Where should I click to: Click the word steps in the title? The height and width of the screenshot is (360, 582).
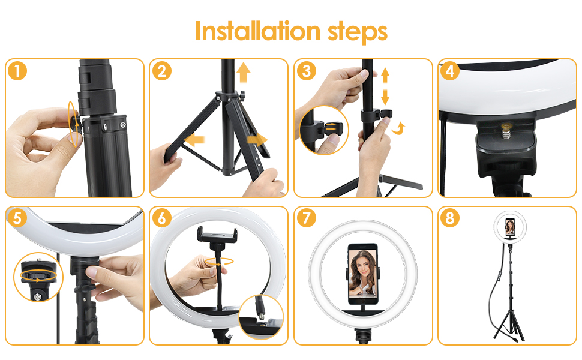pyautogui.click(x=358, y=32)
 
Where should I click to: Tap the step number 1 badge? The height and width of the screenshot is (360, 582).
pyautogui.click(x=17, y=71)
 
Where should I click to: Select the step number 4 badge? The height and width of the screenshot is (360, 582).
pyautogui.click(x=450, y=71)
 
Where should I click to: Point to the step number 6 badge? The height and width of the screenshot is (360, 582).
pyautogui.click(x=161, y=218)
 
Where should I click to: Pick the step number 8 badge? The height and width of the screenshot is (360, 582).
pyautogui.click(x=450, y=218)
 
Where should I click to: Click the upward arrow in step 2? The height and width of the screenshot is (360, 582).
pyautogui.click(x=243, y=73)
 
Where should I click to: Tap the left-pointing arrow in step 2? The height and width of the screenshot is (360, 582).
pyautogui.click(x=194, y=140)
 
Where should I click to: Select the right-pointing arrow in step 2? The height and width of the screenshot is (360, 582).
pyautogui.click(x=257, y=140)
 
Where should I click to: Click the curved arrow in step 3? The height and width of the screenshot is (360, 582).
pyautogui.click(x=398, y=128)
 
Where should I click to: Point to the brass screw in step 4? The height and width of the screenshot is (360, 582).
pyautogui.click(x=506, y=132)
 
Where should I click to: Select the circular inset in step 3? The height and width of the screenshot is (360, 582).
pyautogui.click(x=324, y=130)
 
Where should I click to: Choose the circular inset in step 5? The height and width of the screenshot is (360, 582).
pyautogui.click(x=38, y=277)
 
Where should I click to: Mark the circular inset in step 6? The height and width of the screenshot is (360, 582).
pyautogui.click(x=262, y=317)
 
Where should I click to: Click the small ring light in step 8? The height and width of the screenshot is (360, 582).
pyautogui.click(x=510, y=227)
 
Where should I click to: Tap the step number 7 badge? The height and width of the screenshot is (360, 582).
pyautogui.click(x=306, y=218)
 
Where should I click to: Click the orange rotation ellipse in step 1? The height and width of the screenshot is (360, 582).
pyautogui.click(x=74, y=124)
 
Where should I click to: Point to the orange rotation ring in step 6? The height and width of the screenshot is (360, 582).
pyautogui.click(x=219, y=262)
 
